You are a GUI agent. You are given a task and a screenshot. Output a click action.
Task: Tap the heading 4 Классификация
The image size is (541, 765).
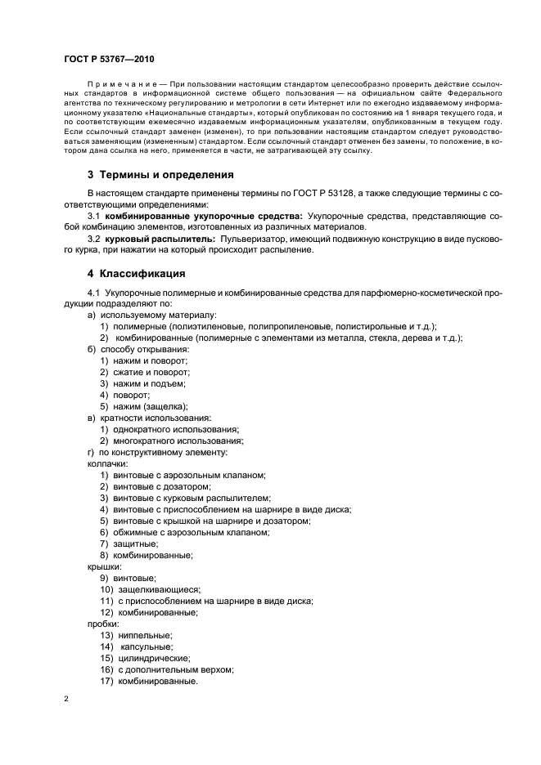click(x=136, y=273)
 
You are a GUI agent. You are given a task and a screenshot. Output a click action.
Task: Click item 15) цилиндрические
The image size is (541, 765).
click(x=154, y=658)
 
